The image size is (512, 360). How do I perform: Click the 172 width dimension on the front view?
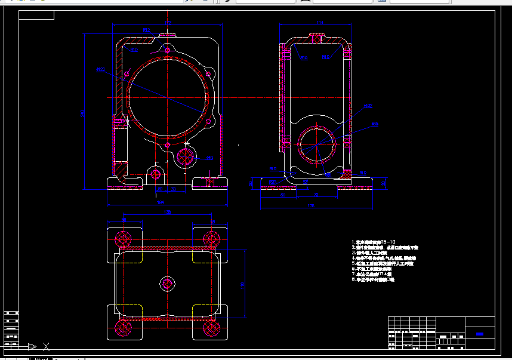tap(168, 23)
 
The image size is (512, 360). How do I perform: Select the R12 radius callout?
tap(146, 29)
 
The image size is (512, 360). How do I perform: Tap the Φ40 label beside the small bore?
tap(209, 158)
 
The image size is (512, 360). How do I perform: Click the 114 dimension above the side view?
tap(319, 23)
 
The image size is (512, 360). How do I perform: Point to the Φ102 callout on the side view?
tap(368, 106)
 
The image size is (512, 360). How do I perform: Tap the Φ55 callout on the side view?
tap(375, 124)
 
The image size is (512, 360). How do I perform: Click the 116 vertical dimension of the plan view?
tap(242, 285)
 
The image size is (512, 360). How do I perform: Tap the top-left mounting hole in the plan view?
tap(124, 239)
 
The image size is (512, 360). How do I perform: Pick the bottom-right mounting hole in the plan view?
tap(210, 327)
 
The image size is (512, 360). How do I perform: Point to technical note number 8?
tap(374, 279)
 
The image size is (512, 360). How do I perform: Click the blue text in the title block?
tap(480, 335)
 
